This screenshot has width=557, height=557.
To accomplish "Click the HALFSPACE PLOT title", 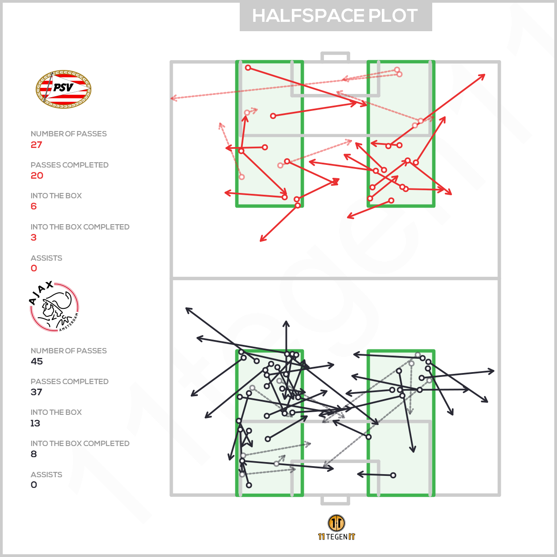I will point(335,16).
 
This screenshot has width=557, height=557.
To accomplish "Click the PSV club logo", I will point(64,89).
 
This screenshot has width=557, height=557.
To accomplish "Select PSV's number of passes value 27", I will point(37,145).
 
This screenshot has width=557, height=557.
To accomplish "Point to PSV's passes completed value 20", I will point(37,176).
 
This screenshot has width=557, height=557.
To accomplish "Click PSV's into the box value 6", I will point(34,206).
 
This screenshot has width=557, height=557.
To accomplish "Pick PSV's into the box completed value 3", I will point(34,238).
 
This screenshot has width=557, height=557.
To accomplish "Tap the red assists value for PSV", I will point(34,268).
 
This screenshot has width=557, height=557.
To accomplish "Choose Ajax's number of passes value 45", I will point(37,361).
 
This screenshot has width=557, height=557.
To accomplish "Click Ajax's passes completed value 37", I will point(37,392).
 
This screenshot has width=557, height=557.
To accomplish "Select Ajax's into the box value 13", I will point(35,423).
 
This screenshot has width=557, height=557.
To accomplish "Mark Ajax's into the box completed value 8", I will point(34,454).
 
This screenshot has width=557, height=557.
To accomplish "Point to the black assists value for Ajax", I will point(34,485).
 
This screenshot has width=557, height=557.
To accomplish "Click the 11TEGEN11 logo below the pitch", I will point(336,528).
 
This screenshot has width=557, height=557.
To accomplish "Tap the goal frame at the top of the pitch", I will point(335,57).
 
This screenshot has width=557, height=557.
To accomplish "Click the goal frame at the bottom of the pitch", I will point(335,500).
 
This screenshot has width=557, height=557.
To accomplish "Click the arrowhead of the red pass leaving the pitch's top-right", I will point(483,76).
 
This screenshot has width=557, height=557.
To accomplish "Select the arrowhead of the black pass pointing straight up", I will point(286,322).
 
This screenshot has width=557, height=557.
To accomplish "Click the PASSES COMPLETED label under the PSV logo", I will point(70,165).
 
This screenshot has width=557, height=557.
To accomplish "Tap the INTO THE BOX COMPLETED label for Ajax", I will point(80,443).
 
